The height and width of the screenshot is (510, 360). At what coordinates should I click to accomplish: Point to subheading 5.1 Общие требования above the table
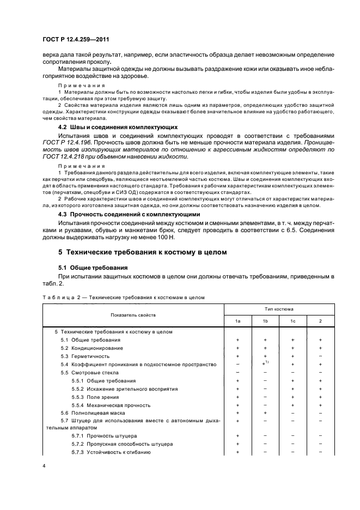[x=93, y=268]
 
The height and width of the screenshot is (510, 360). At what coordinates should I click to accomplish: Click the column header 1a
[x=237, y=321]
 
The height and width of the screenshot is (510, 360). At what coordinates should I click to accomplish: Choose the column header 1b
[x=265, y=321]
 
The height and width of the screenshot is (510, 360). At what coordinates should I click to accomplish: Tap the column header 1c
[x=292, y=321]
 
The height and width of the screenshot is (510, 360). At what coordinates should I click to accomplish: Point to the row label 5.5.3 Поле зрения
[x=95, y=397]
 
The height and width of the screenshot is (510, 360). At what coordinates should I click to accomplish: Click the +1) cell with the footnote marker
[x=265, y=363]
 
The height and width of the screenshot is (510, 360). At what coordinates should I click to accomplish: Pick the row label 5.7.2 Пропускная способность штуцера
[x=120, y=444]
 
